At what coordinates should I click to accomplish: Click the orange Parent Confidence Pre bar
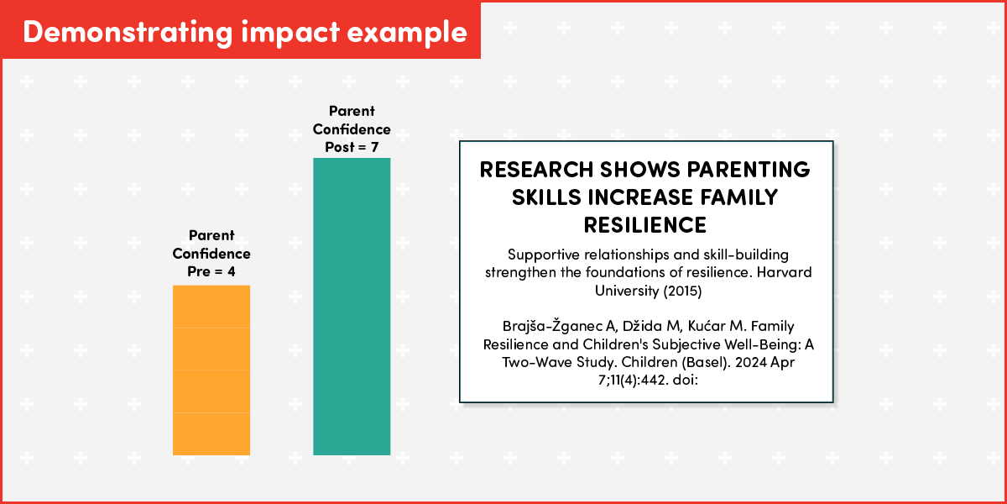[x=211, y=370]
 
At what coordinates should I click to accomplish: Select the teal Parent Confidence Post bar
[x=352, y=307]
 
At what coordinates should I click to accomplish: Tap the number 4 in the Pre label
[x=231, y=272]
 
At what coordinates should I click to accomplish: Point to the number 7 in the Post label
[x=374, y=147]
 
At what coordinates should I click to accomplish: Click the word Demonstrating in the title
[x=128, y=33]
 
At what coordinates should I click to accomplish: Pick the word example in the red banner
[x=407, y=34]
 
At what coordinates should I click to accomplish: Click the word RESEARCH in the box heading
[x=536, y=170]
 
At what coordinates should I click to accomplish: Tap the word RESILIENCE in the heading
[x=645, y=225]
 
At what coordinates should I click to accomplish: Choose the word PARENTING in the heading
[x=749, y=170]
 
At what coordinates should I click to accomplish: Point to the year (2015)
[x=682, y=291]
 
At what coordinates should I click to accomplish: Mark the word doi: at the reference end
[x=685, y=381]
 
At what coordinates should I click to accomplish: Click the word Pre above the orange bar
[x=198, y=272]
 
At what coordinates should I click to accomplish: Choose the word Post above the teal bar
[x=340, y=147]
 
